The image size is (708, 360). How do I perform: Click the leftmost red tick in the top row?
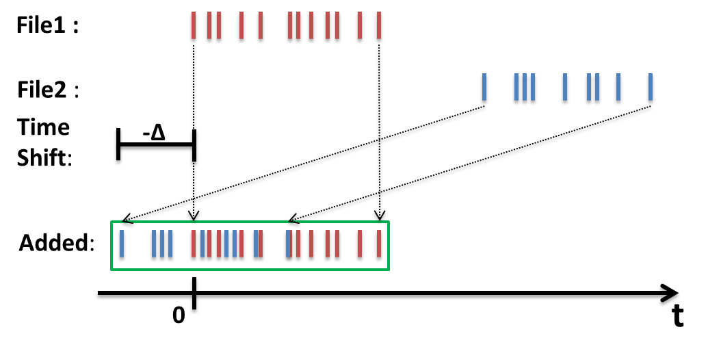[194, 25]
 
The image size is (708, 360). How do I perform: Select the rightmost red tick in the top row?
[379, 25]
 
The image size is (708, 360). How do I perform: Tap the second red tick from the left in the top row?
[209, 25]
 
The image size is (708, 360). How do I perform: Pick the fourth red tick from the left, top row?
[241, 25]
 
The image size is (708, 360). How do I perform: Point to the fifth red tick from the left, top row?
[261, 25]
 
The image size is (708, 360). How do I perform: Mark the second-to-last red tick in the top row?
[360, 25]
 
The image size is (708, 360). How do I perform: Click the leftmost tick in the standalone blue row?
[484, 87]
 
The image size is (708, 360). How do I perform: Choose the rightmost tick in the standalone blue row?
[651, 87]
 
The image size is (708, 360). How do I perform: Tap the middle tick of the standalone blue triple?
[525, 87]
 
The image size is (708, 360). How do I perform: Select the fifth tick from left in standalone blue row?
[565, 87]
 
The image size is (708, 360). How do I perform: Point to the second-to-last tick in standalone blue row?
[618, 87]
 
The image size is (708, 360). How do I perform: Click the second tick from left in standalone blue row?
[516, 87]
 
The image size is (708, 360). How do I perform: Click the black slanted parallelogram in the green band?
[65, 242]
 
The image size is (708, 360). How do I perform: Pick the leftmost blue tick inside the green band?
[122, 244]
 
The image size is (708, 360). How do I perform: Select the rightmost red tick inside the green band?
[379, 244]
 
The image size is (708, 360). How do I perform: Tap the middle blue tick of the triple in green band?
[162, 244]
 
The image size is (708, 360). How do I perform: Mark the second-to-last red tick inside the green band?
[360, 244]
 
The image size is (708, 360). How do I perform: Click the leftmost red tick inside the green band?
[194, 244]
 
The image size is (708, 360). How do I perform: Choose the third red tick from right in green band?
[337, 244]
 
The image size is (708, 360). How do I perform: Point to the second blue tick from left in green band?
[154, 244]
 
